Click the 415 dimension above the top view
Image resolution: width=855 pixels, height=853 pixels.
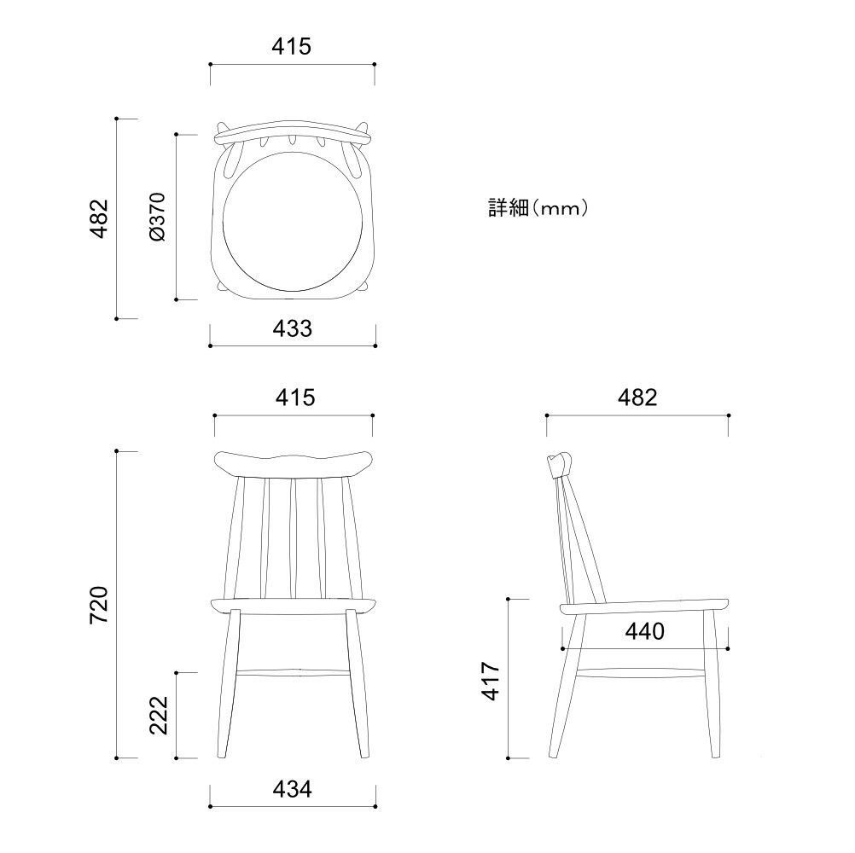click(x=291, y=46)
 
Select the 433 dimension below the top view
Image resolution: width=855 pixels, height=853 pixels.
click(x=293, y=328)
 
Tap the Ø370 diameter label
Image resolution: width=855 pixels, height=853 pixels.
click(x=156, y=217)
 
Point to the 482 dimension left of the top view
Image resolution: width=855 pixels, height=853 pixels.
click(x=99, y=218)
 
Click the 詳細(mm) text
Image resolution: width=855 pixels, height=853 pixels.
click(x=538, y=207)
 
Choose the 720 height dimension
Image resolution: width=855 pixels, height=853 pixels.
click(x=99, y=605)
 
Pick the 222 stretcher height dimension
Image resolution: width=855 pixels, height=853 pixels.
click(x=159, y=715)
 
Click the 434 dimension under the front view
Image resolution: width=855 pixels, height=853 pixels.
click(x=293, y=789)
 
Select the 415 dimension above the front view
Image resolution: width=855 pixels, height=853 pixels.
click(x=295, y=397)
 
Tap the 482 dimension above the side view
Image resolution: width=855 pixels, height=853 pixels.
click(x=637, y=397)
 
